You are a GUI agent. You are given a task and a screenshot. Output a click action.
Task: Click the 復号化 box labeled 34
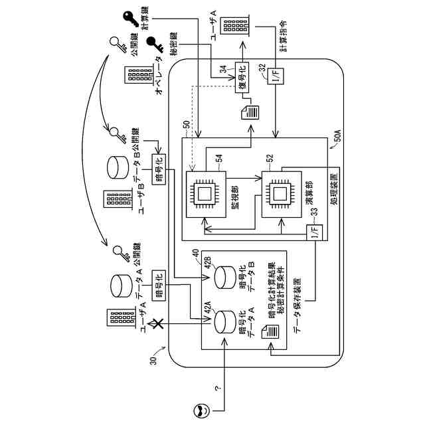coord(242,77)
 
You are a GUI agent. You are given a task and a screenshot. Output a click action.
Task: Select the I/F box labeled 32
coord(276,76)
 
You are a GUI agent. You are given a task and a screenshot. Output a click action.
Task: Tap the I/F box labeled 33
coord(314,232)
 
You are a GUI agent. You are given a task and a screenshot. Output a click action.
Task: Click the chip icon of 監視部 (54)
coord(205,194)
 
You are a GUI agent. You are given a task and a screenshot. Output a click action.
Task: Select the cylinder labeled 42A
coord(225,322)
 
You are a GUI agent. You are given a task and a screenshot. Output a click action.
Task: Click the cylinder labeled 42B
coord(225,278)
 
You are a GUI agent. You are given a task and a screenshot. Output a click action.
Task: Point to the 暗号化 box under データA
coord(159,286)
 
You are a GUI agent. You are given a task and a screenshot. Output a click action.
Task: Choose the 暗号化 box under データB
coord(159,169)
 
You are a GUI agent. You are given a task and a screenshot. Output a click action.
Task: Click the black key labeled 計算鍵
coord(131,19)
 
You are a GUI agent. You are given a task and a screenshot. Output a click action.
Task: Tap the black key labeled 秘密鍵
coord(155,44)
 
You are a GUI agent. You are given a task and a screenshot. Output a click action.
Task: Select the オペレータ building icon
coord(139,75)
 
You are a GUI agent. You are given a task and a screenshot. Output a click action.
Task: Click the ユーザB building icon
coord(118,199)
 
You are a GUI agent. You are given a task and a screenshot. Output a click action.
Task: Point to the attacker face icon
coord(202,410)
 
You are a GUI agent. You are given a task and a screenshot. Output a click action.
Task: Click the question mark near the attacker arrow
coord(217,388)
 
